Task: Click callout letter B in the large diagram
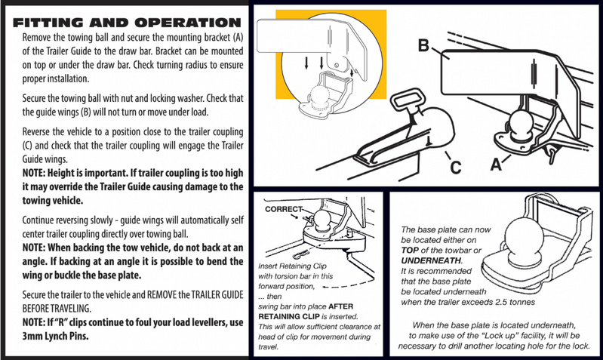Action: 423,45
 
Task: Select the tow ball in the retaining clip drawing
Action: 323,222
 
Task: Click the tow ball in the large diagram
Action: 519,124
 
